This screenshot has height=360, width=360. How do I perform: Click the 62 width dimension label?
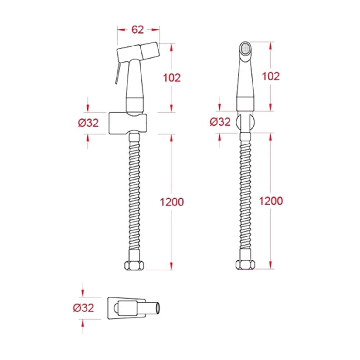point(138,30)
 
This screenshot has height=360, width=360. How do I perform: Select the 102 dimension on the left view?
point(172,78)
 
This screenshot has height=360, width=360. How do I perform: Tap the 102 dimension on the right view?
point(271,76)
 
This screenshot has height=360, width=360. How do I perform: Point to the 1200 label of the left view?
point(172,202)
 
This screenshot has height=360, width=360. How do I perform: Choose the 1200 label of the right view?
point(271,201)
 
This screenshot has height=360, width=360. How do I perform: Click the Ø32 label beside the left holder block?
point(89,123)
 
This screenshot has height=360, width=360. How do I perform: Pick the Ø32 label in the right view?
point(220,122)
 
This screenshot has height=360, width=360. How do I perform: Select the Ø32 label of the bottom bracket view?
point(84,308)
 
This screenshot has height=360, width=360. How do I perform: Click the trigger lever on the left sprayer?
point(118,73)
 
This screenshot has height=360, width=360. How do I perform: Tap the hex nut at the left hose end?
point(134,266)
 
